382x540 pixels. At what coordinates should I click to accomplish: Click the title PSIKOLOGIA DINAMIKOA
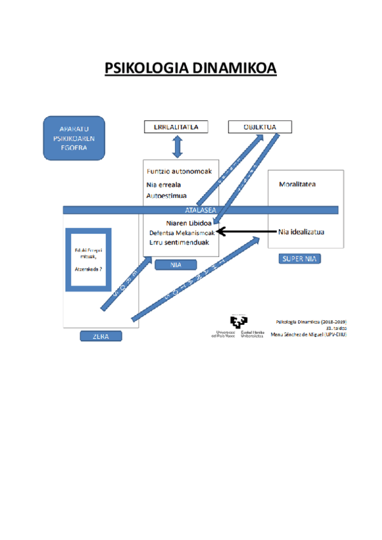pos(191,68)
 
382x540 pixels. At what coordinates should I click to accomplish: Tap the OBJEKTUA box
pos(260,127)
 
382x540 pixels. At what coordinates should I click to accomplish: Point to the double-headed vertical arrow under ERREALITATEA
pos(178,147)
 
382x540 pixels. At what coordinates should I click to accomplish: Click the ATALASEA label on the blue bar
pos(200,210)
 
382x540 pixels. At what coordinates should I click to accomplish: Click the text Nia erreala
pos(164,185)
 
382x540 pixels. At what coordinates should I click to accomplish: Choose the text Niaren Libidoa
pos(189,224)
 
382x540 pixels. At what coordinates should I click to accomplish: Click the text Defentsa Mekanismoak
pos(182,233)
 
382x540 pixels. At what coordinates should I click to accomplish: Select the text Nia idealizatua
pos(301,232)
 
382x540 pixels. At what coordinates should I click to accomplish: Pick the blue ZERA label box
pos(101,336)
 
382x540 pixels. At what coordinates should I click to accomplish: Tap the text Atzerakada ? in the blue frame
pos(89,269)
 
